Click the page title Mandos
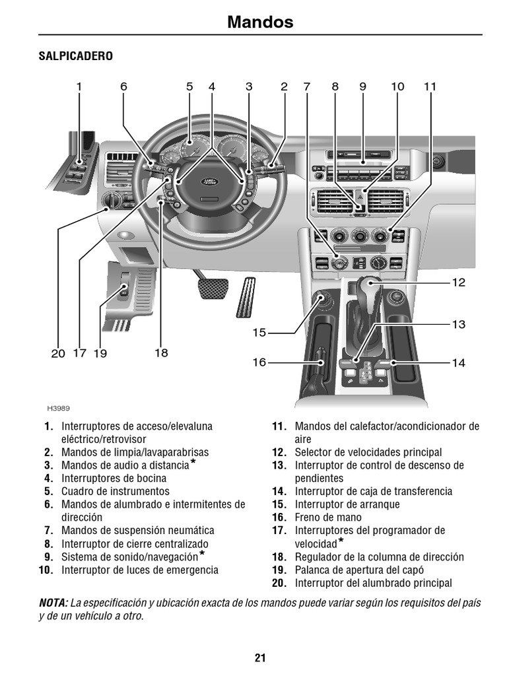(x=260, y=22)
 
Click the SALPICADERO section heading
(x=75, y=57)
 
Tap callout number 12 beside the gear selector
(x=458, y=283)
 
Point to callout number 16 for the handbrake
(x=259, y=362)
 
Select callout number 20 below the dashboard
(x=58, y=354)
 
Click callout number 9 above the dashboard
(x=362, y=86)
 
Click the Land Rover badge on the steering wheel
(x=209, y=180)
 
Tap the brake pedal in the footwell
(x=213, y=288)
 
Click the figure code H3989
(x=58, y=409)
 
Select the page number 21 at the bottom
(x=259, y=658)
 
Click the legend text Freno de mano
(x=323, y=518)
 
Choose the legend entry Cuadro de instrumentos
(x=115, y=491)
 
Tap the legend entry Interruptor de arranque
(x=347, y=504)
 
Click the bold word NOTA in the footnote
(x=53, y=603)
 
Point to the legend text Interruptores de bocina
(x=114, y=478)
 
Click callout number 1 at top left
(x=79, y=86)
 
